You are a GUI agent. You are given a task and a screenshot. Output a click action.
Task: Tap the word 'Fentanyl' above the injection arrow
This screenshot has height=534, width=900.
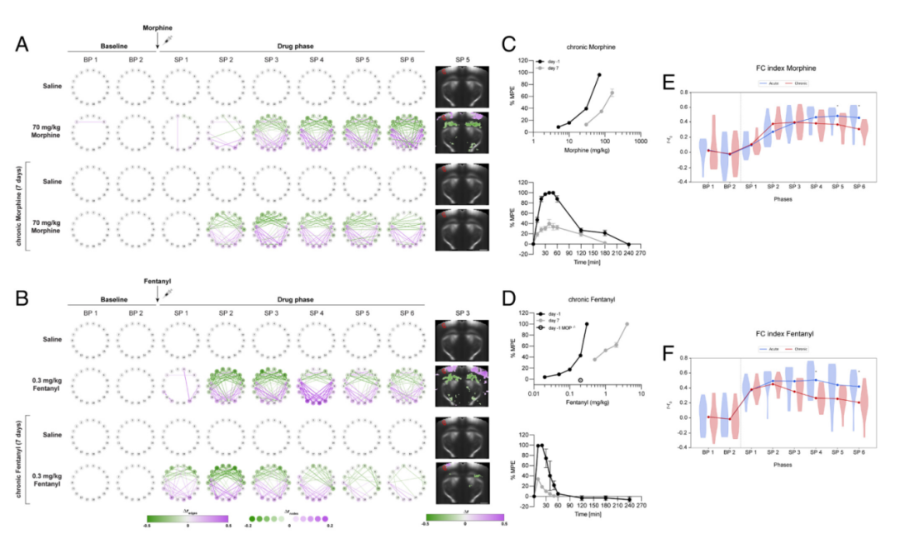157,282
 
